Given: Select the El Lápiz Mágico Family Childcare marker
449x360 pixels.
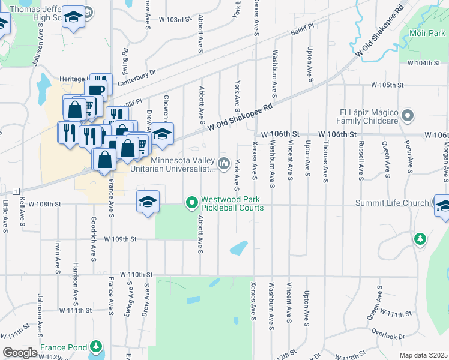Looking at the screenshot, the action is click(x=408, y=115).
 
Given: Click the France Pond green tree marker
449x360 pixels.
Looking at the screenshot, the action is click(x=95, y=347).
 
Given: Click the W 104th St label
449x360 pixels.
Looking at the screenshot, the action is click(x=420, y=63).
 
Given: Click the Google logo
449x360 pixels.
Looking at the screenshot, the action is click(x=19, y=353).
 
